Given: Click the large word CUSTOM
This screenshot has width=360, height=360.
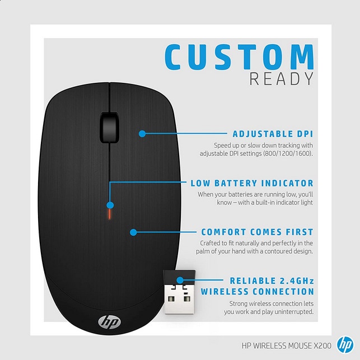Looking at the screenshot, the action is coord(239,57).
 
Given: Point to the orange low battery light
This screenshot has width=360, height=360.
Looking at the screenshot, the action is coord(110,214).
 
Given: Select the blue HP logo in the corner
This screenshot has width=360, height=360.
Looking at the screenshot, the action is coord(345,345).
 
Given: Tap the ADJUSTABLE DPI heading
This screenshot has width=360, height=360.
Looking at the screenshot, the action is coord(273,134).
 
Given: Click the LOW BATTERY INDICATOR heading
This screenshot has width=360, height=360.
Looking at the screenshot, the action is coord(252,183).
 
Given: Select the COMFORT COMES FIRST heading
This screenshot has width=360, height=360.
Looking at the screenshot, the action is coord(257,232).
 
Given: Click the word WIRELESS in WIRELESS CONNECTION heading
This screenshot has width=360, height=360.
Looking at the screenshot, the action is coord(228,292).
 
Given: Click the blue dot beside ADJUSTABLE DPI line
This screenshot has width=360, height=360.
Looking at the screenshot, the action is coord(142,133).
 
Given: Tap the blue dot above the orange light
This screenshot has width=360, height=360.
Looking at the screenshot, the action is coord(110,205).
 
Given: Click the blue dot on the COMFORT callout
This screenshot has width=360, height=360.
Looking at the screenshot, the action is coord(133,232).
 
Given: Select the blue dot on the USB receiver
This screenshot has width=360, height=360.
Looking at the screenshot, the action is coord(180,280).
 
